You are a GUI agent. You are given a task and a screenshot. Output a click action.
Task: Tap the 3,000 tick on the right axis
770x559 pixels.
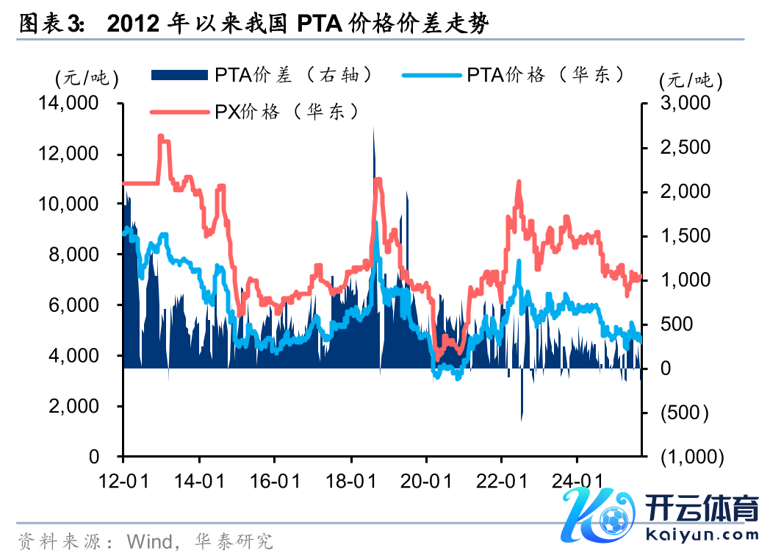tap(686, 104)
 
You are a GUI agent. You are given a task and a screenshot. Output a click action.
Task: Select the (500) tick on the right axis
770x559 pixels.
tap(685, 413)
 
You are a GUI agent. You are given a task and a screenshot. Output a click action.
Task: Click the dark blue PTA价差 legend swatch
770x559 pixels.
tap(181, 74)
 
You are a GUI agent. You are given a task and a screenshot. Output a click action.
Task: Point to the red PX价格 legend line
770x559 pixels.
tap(181, 112)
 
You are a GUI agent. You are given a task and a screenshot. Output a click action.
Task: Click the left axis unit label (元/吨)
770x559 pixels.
tap(85, 77)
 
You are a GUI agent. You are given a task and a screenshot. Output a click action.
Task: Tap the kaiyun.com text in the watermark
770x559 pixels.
tap(702, 535)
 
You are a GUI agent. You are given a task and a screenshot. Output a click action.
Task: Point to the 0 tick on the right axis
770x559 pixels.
tap(665, 368)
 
